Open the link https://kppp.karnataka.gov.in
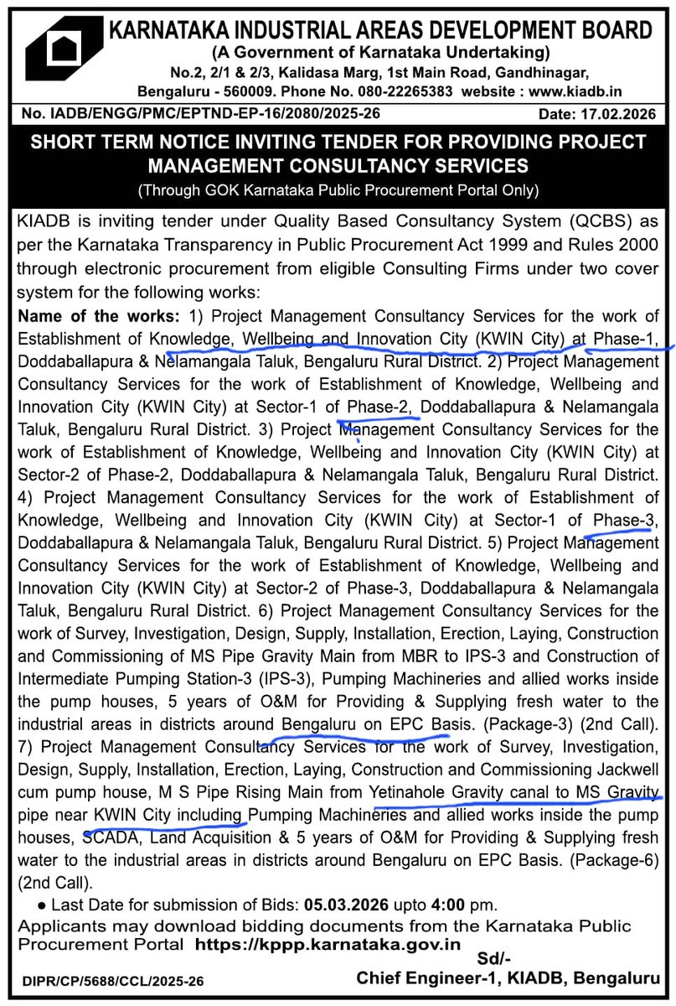(x=328, y=944)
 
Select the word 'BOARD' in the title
(x=610, y=31)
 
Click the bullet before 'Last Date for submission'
(x=42, y=906)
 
